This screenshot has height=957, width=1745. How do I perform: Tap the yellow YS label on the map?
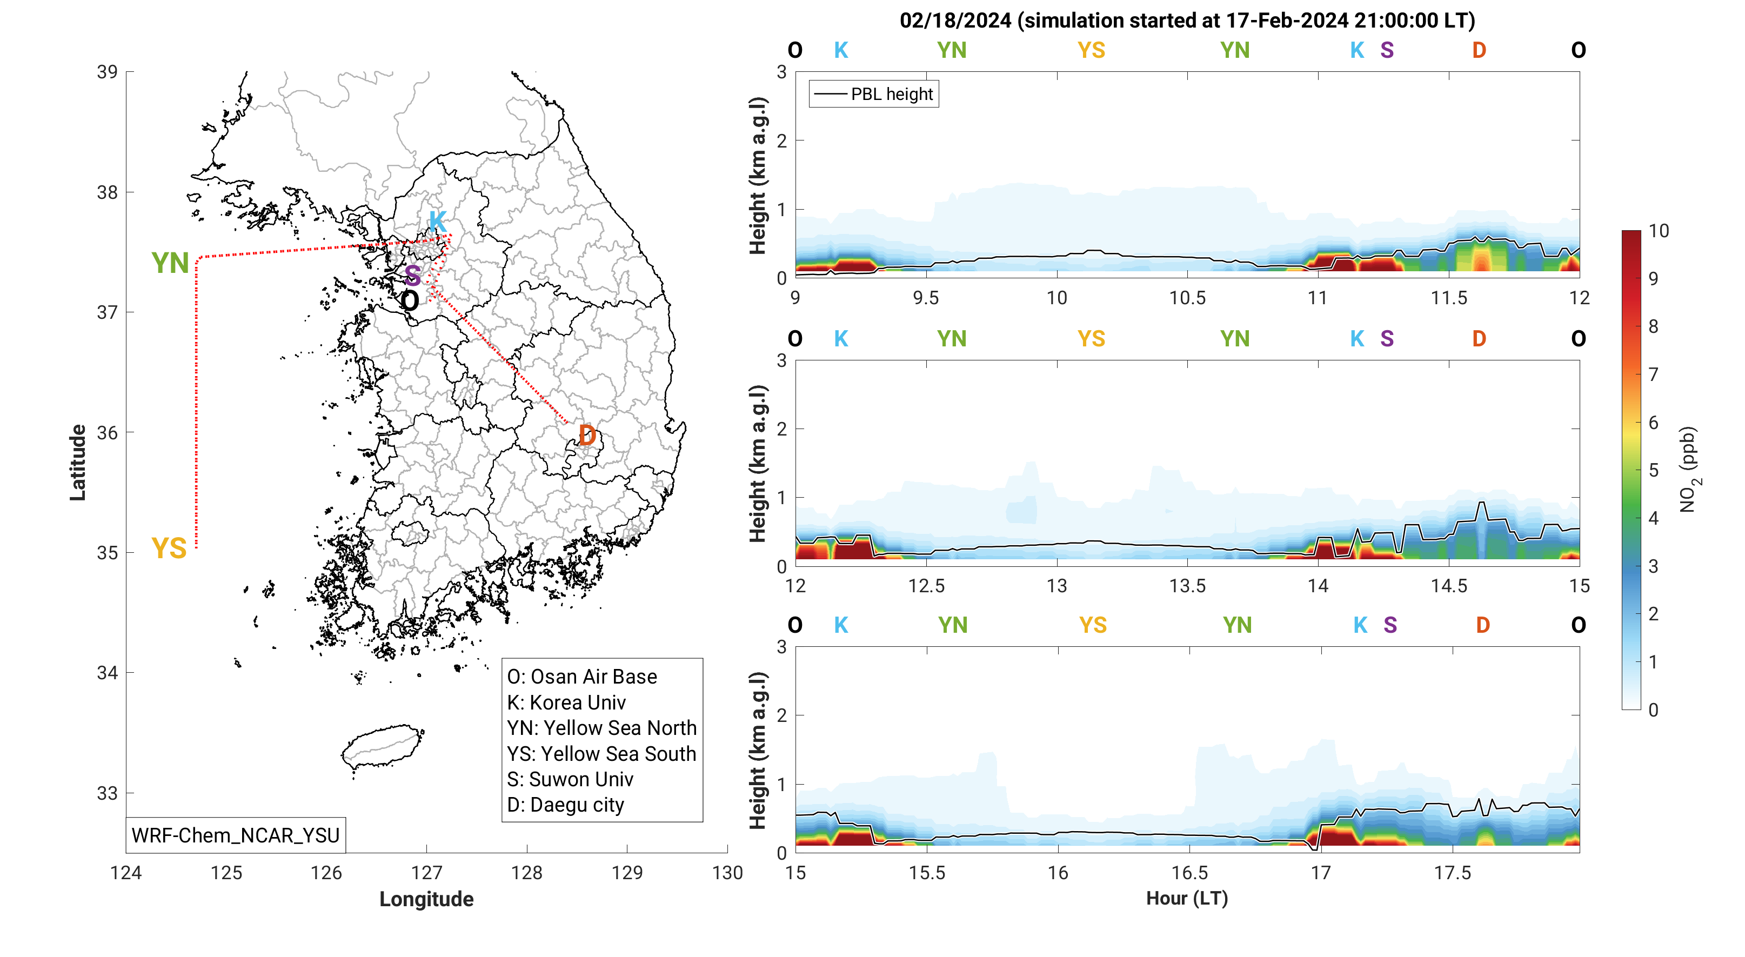[169, 548]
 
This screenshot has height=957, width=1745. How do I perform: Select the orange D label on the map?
[587, 436]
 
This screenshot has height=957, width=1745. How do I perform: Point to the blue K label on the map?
[437, 221]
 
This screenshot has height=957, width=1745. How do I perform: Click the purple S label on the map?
[412, 276]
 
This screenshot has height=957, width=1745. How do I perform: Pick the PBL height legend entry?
[873, 94]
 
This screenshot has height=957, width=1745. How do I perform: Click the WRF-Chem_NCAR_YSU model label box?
[235, 835]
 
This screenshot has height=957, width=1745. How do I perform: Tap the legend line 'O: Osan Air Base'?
[582, 677]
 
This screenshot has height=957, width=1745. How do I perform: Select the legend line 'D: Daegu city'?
[566, 805]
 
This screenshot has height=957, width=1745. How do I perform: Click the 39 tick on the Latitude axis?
[107, 72]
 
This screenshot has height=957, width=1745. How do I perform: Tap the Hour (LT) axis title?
[1187, 898]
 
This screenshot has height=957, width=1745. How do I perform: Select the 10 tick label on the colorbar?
[1659, 231]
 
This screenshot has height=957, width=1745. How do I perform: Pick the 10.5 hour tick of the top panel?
[1187, 298]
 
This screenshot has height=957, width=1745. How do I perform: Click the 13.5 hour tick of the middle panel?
[1187, 586]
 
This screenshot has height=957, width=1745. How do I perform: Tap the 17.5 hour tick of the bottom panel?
[1452, 872]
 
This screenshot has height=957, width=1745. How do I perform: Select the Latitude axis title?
[78, 463]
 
